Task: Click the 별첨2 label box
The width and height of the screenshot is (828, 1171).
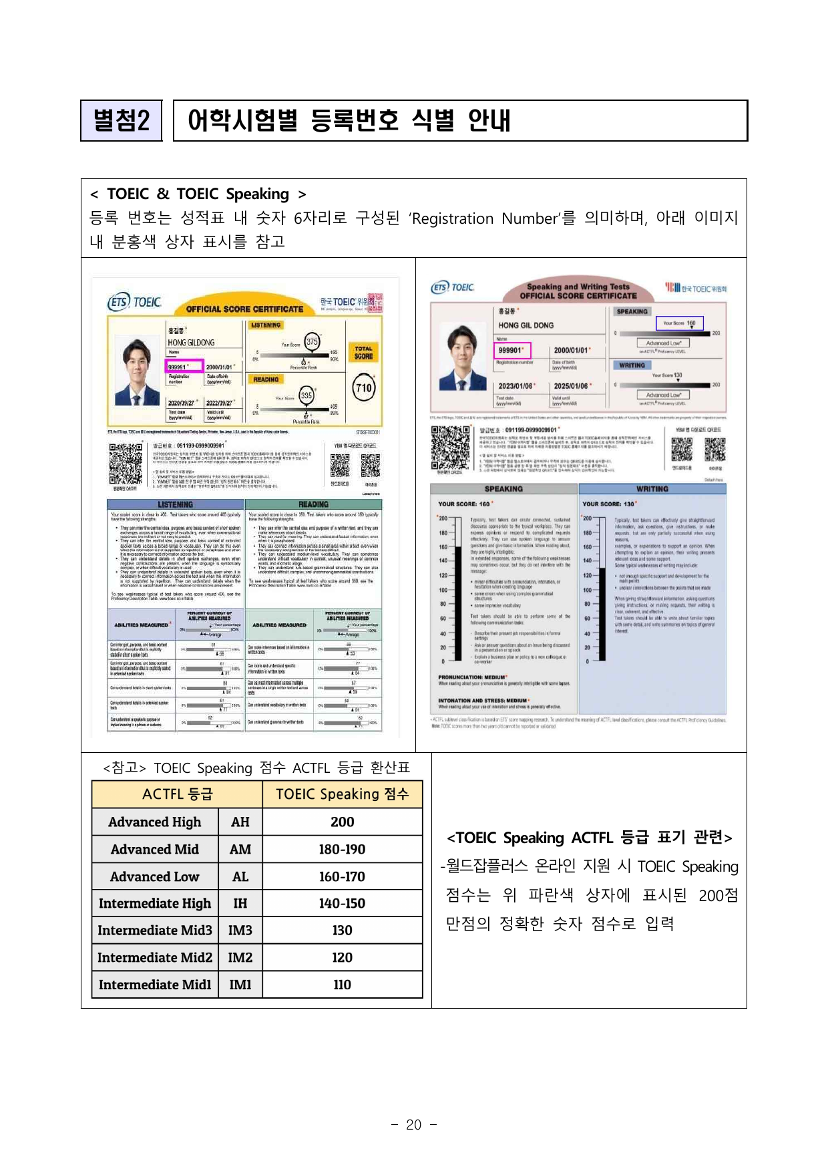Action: click(121, 121)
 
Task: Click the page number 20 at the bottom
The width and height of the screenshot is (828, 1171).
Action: click(413, 1125)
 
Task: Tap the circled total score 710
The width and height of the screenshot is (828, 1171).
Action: click(364, 388)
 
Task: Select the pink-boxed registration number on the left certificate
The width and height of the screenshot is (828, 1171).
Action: click(184, 367)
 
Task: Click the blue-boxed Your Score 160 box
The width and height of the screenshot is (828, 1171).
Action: click(679, 323)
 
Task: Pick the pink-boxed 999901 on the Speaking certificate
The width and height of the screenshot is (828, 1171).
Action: click(513, 350)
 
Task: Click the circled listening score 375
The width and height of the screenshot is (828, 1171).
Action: click(312, 341)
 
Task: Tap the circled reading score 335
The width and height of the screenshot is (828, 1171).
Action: click(306, 395)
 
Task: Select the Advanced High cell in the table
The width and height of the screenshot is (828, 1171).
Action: click(155, 822)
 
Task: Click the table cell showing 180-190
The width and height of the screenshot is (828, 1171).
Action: click(342, 850)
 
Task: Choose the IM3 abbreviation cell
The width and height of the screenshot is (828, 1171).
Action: click(240, 931)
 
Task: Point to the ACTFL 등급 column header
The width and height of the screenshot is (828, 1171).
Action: click(178, 794)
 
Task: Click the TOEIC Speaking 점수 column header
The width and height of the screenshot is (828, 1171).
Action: click(342, 794)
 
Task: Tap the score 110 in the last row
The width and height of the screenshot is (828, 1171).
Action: click(342, 985)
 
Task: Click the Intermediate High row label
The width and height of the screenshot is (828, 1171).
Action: click(155, 904)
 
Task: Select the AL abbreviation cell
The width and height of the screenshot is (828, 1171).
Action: click(240, 876)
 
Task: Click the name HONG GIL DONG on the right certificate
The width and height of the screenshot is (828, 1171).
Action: click(526, 325)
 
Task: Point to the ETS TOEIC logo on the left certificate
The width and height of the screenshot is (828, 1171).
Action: click(135, 303)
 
